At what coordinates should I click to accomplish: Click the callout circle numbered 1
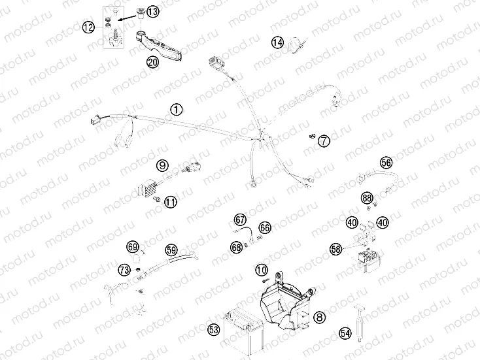[176, 110]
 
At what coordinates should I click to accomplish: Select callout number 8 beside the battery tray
[319, 317]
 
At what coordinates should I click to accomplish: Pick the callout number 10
[262, 270]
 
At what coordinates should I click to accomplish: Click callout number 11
[171, 202]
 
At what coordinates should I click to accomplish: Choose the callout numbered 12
[88, 27]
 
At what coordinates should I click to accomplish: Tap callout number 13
[152, 12]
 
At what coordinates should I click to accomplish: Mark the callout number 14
[278, 43]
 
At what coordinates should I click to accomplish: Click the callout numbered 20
[152, 63]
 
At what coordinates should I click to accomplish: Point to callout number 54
[345, 333]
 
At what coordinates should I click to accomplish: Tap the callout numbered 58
[336, 249]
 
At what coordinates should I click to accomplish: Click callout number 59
[171, 250]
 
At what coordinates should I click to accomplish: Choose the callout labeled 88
[367, 198]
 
